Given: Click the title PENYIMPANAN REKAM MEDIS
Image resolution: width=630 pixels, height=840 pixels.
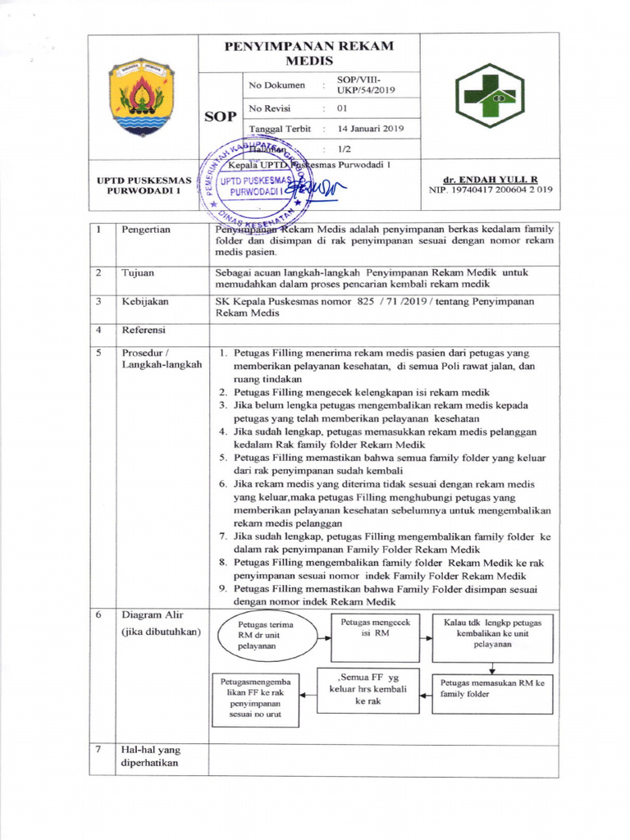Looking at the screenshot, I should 308,52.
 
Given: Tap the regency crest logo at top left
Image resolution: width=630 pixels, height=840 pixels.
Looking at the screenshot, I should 141,96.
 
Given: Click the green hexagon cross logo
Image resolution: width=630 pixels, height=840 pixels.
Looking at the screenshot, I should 490,96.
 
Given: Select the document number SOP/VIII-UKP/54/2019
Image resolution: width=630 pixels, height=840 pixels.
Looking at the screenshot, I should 372,84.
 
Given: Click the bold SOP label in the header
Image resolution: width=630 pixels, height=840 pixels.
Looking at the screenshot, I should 220,116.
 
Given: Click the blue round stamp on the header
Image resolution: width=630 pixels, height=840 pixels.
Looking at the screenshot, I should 256,185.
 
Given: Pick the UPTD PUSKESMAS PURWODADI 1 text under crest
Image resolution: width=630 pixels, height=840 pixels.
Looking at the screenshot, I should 144,185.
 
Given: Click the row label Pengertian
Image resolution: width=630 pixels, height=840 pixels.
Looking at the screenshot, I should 146,230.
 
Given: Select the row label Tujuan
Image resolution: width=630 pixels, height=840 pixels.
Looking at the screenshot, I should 138,272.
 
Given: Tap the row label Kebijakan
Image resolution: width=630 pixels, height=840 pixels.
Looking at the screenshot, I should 145,301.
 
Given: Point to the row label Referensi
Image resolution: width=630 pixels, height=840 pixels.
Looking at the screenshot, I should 144,330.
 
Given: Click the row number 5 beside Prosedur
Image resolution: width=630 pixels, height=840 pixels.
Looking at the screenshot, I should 98,351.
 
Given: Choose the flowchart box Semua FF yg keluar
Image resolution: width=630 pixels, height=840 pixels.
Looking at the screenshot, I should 367,690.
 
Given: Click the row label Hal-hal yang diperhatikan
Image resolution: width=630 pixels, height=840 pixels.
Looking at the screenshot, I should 150,756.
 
